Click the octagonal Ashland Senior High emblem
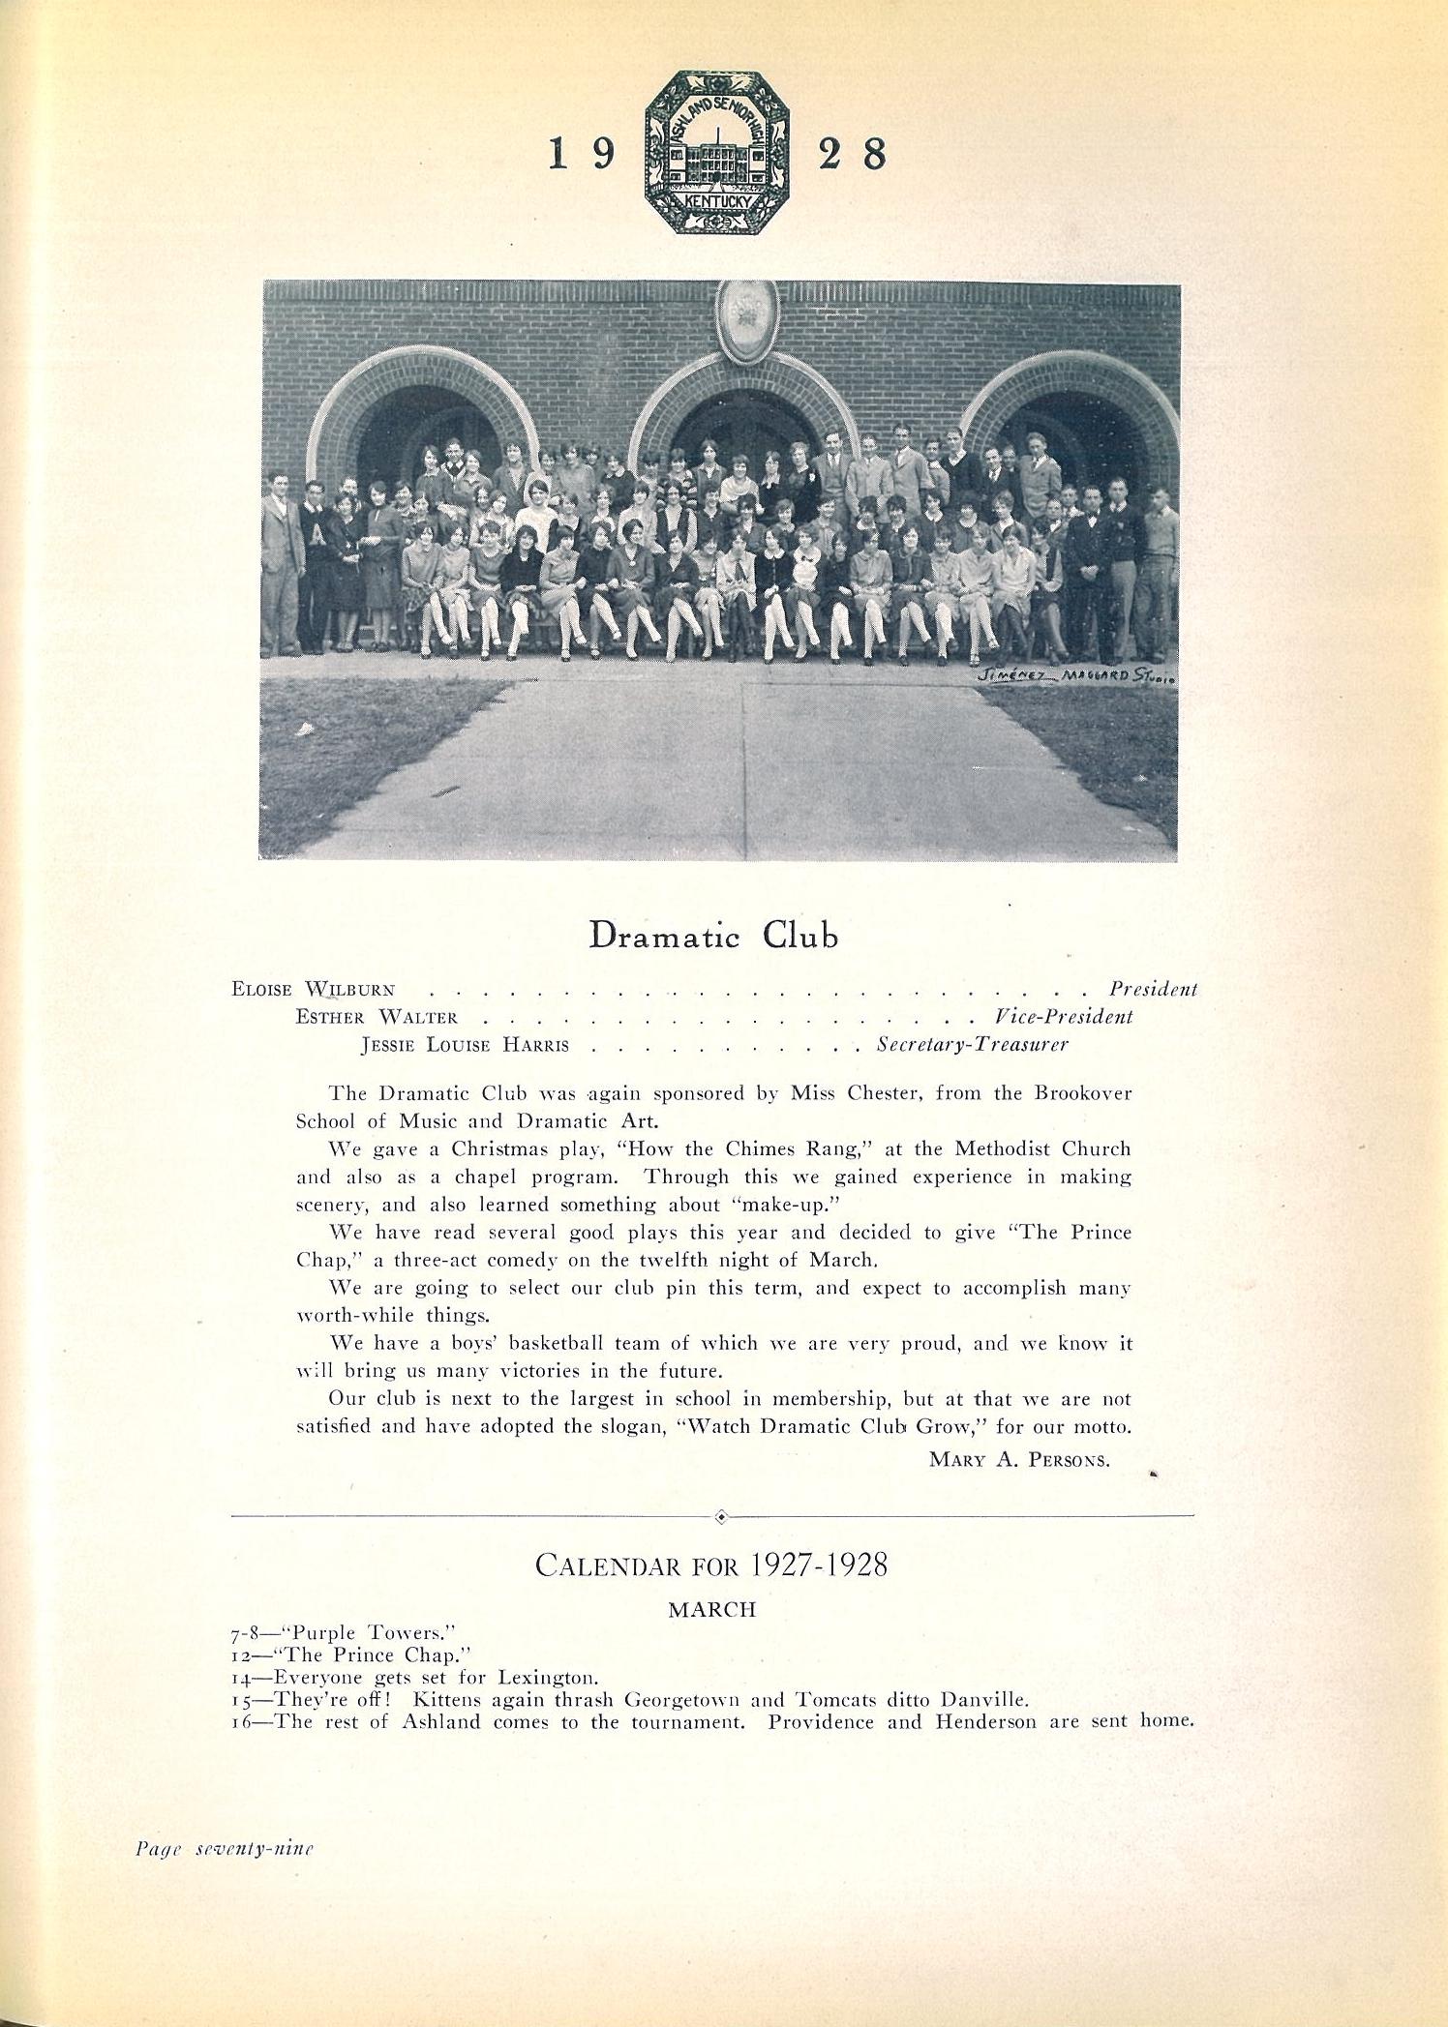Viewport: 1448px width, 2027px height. [x=717, y=152]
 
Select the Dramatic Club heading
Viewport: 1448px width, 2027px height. [x=713, y=936]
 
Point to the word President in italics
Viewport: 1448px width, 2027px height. [x=1153, y=989]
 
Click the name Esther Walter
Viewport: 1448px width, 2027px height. [x=377, y=1017]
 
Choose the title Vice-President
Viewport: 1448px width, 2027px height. [x=1063, y=1017]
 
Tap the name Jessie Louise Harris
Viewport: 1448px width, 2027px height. [x=465, y=1045]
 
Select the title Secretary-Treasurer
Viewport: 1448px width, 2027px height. [x=972, y=1045]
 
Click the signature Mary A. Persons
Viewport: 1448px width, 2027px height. [x=1019, y=1460]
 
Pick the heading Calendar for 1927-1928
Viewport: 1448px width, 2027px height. [x=711, y=1565]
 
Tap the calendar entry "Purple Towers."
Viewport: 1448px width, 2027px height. [x=353, y=1632]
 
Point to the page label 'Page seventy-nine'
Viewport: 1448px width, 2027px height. [x=225, y=1848]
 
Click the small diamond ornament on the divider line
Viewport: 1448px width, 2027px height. [x=720, y=1516]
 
